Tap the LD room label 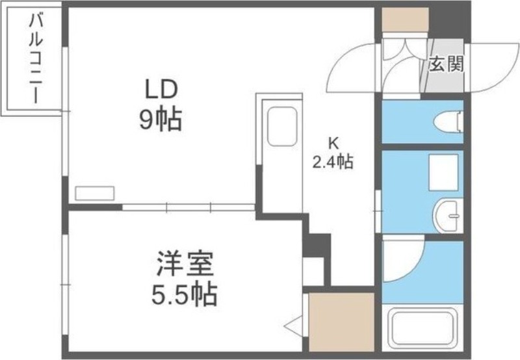(160, 88)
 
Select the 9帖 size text (160, 119)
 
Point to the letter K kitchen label (332, 142)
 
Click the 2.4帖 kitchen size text (333, 162)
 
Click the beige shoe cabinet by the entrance (404, 19)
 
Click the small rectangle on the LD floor (95, 193)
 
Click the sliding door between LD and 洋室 (188, 208)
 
